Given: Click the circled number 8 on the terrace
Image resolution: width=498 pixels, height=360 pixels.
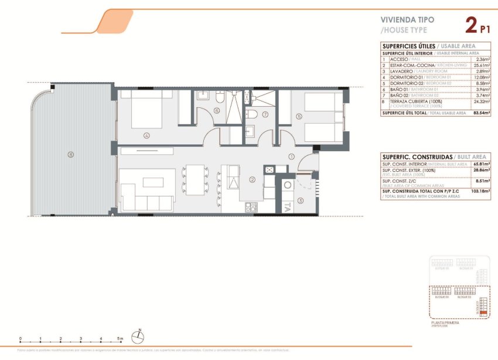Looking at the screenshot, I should [x=70, y=155].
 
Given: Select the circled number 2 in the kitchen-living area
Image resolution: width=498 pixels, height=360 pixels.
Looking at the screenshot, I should [x=252, y=180].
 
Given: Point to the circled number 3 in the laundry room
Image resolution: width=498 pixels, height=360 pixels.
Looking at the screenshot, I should [x=301, y=201].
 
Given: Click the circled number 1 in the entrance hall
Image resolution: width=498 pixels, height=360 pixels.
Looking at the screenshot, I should [x=291, y=157].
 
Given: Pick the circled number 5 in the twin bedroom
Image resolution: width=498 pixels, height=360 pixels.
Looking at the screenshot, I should [x=299, y=117].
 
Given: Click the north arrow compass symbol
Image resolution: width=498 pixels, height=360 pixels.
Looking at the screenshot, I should [x=138, y=337].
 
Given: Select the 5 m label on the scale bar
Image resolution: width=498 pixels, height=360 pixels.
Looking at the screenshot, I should [x=120, y=339].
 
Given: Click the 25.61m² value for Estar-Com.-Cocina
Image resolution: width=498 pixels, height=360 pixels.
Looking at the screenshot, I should [x=482, y=65].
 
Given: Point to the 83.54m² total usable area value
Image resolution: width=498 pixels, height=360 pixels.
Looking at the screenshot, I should [x=482, y=113].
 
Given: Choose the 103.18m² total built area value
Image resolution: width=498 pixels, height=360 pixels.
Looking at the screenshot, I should [x=480, y=191].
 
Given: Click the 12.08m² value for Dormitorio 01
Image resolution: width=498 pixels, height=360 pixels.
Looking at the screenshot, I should [x=482, y=77].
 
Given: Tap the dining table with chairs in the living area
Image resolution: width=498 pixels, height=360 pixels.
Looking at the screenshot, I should [x=196, y=178].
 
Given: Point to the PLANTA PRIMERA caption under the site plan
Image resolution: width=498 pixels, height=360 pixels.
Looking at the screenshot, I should [x=445, y=322].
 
